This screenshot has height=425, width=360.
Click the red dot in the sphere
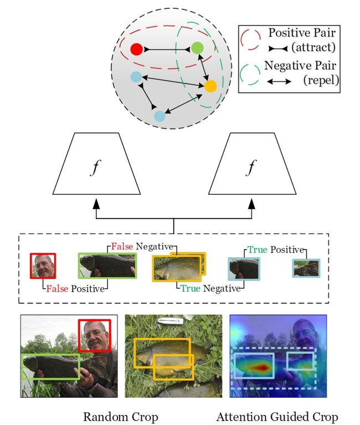(x=136, y=49)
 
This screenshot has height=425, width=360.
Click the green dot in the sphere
(x=197, y=48)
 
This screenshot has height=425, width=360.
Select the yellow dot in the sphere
(x=210, y=86)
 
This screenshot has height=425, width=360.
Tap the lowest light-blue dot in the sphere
(x=160, y=116)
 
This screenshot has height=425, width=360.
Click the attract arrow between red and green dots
(x=167, y=50)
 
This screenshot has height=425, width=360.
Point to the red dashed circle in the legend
(x=250, y=39)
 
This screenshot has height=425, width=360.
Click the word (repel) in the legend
(x=321, y=80)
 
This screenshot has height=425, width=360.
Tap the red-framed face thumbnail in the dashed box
(x=43, y=266)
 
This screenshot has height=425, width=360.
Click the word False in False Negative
(x=122, y=246)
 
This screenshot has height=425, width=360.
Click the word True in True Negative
(x=191, y=288)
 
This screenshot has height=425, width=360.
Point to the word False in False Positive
(x=57, y=289)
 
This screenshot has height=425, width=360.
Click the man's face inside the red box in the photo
(x=95, y=335)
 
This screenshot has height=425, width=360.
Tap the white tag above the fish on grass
(x=171, y=321)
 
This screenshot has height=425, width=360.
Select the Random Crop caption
(x=120, y=417)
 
